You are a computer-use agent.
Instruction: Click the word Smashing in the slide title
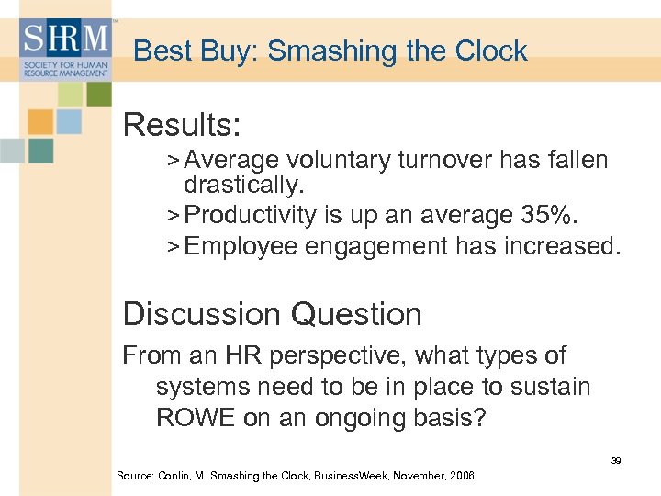pos(324,51)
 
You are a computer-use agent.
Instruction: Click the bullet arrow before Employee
pos(174,247)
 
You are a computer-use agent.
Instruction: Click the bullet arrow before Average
pos(174,161)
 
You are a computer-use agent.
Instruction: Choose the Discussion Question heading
pos(272,314)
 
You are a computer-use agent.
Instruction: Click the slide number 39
pos(616,460)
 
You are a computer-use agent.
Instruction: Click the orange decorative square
pos(40,122)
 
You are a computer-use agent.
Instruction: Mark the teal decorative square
pos(40,151)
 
